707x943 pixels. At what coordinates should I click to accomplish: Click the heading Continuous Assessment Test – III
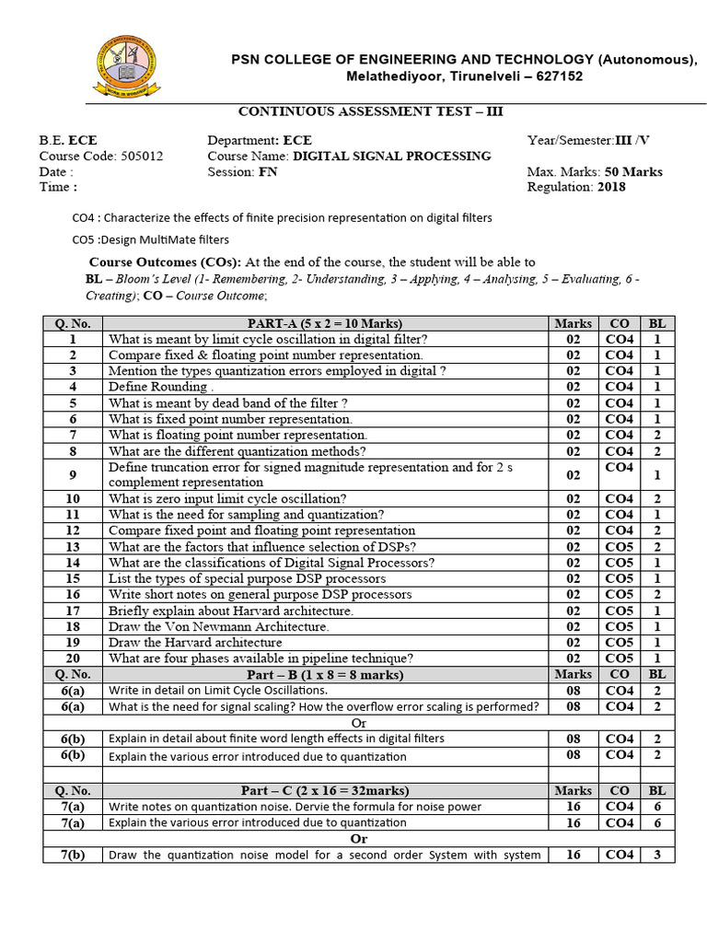point(371,111)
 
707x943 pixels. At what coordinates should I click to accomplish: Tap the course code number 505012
point(142,157)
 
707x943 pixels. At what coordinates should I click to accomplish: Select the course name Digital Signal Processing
point(391,157)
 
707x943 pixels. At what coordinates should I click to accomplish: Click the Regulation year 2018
point(610,187)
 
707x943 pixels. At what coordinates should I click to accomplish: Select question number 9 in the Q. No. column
point(73,474)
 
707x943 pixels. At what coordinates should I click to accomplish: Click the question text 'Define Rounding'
point(154,387)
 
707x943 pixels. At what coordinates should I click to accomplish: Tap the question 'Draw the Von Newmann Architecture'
point(218,626)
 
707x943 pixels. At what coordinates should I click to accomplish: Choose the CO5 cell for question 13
point(619,546)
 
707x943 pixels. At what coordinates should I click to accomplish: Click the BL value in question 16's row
point(656,595)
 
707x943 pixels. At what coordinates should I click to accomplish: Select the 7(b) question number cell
point(73,855)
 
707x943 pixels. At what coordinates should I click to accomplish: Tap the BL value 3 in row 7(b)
point(656,855)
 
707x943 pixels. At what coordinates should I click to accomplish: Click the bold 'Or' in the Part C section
point(359,839)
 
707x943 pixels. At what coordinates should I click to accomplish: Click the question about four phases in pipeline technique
point(261,658)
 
